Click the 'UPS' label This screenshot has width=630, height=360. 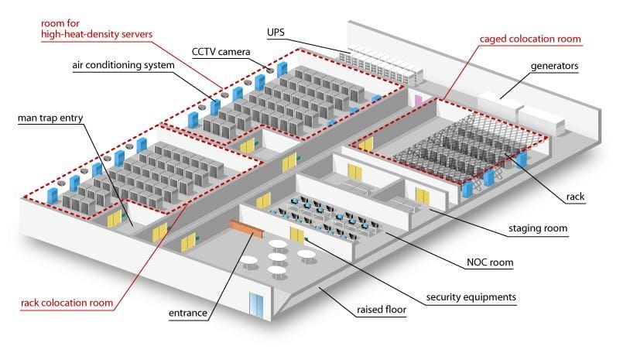point(276,32)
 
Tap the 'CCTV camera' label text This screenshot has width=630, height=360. point(221,52)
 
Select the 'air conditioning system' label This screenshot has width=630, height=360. point(124,67)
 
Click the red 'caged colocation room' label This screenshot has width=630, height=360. point(530,39)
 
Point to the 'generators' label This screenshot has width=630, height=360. point(554,66)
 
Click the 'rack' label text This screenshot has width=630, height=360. point(575,197)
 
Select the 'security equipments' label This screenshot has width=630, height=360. point(472,297)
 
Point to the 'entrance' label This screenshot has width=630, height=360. point(187,314)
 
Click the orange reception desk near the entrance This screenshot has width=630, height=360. point(245,228)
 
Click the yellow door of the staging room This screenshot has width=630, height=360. point(422,196)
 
